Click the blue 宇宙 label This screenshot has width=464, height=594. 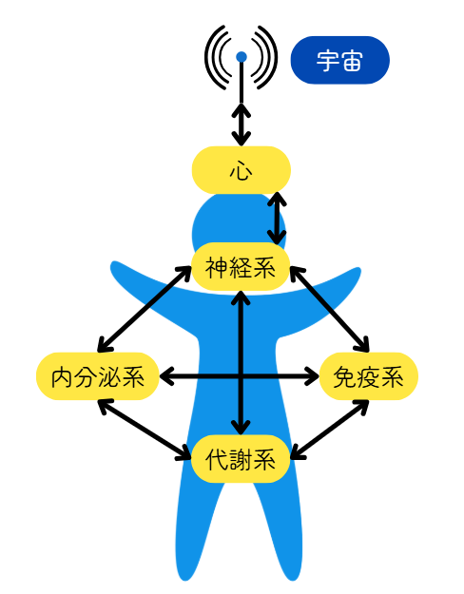[x=339, y=60]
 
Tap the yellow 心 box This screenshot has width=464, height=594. [x=242, y=170]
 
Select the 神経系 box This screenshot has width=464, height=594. [x=241, y=267]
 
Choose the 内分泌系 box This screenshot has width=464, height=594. [x=97, y=376]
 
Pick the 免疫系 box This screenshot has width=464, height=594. [x=369, y=376]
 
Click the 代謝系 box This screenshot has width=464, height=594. [x=241, y=459]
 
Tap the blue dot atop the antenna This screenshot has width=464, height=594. [x=242, y=57]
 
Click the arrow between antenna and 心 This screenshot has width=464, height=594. [x=242, y=125]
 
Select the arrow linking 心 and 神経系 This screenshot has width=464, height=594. [x=277, y=219]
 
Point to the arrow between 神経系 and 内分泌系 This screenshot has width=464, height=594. [x=145, y=309]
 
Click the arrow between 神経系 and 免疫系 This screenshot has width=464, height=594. [x=330, y=309]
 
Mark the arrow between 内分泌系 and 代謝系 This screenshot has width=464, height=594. [x=145, y=430]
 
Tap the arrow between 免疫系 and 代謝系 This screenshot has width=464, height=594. [x=330, y=430]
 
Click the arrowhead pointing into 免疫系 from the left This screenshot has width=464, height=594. [x=313, y=376]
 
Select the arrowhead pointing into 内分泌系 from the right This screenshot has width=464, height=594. [x=166, y=376]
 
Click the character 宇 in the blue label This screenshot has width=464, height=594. [x=327, y=60]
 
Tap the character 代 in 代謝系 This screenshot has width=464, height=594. [x=217, y=459]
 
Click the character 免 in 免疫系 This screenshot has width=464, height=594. [x=344, y=376]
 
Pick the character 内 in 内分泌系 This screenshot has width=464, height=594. [x=62, y=376]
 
